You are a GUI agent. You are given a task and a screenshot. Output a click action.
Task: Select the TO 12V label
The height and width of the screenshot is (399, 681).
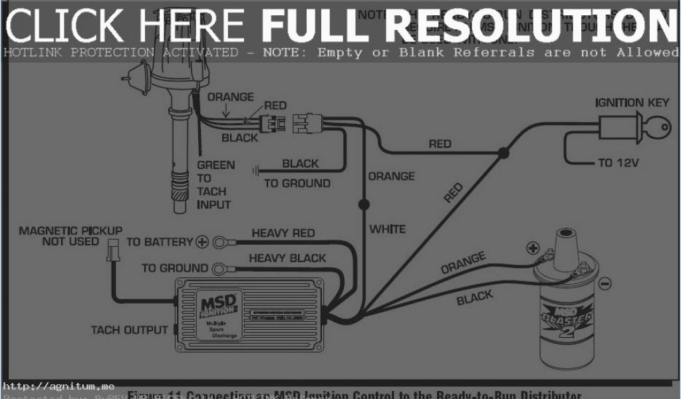pos(618,163)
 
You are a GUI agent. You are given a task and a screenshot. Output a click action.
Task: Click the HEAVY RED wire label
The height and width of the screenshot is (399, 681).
pos(283,233)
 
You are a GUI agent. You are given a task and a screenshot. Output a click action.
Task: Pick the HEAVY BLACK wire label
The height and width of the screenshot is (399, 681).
pos(287,258)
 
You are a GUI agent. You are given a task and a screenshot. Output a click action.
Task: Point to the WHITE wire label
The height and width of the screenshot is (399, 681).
pos(387,229)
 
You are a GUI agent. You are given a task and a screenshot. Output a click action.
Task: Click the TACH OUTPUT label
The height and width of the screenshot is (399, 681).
pos(129,330)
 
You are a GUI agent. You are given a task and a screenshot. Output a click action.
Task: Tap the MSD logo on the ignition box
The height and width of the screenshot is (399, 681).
pos(217,305)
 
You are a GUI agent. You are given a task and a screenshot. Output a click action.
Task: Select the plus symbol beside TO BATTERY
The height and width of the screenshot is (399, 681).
pos(202,242)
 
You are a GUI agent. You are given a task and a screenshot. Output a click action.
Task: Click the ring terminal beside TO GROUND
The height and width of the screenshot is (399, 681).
pos(219,269)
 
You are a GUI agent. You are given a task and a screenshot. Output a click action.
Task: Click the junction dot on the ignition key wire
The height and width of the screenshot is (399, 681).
pos(503,154)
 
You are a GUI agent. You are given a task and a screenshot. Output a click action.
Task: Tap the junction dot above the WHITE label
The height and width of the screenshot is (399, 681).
pos(363,203)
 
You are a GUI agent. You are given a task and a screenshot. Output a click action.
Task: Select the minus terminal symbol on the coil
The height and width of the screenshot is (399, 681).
pos(605,284)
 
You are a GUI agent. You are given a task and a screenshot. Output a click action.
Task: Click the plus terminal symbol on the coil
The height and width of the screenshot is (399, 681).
pos(532,249)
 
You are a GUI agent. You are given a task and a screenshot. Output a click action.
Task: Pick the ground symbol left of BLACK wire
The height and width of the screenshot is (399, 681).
pos(255,171)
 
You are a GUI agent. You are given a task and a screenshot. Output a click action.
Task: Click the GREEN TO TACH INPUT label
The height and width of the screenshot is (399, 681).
pos(215,185)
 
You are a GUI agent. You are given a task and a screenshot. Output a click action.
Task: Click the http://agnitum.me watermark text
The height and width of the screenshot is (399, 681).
pos(59,386)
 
